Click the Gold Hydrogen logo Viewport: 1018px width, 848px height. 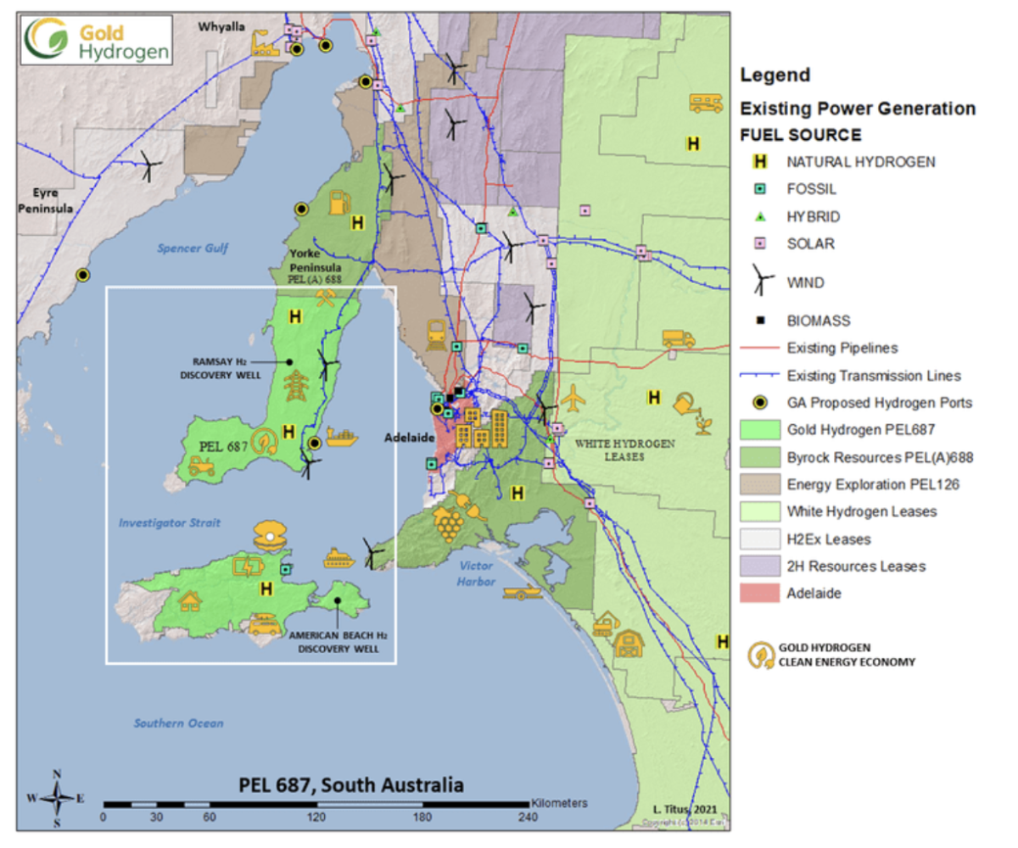click(x=98, y=40)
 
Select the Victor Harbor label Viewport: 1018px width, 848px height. click(x=478, y=572)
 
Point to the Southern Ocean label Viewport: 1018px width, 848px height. click(x=178, y=723)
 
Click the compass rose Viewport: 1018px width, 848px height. click(x=57, y=797)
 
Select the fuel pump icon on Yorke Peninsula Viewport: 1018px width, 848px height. click(x=340, y=202)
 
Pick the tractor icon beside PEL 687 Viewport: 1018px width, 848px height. click(x=201, y=465)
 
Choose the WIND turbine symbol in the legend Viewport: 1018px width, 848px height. click(x=760, y=282)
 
